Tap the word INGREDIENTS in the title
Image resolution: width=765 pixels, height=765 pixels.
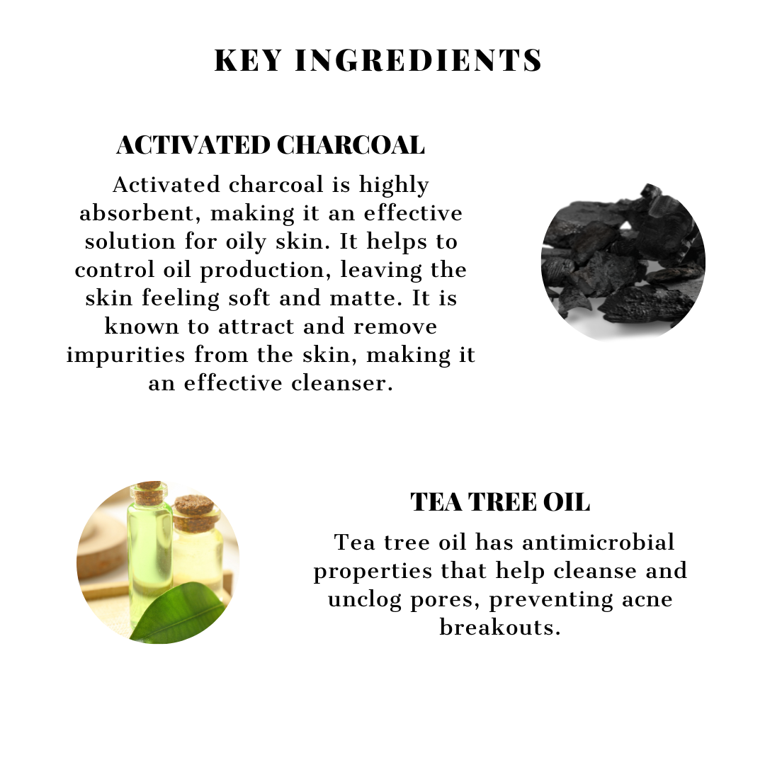point(419,61)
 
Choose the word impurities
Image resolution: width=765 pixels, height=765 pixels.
point(127,354)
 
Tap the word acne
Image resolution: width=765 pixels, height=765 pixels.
point(640,599)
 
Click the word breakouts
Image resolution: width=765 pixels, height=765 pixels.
point(500,628)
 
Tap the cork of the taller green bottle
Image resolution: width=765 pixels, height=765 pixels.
point(149,492)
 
